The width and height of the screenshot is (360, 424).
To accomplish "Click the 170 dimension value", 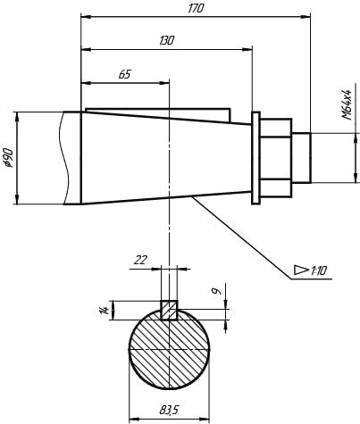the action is point(196,8).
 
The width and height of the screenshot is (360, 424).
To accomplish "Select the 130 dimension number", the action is point(166,40).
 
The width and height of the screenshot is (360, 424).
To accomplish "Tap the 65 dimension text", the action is point(125,74).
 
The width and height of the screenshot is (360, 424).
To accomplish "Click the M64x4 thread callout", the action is point(347,104).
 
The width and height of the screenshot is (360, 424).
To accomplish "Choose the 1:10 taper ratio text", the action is point(319,270).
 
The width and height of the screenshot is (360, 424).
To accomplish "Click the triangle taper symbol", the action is point(301,270).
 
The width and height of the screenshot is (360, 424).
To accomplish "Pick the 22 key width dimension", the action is point(140,260).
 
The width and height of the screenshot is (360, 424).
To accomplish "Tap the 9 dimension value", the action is point(218,291).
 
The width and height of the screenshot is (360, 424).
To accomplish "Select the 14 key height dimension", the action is point(105,311).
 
